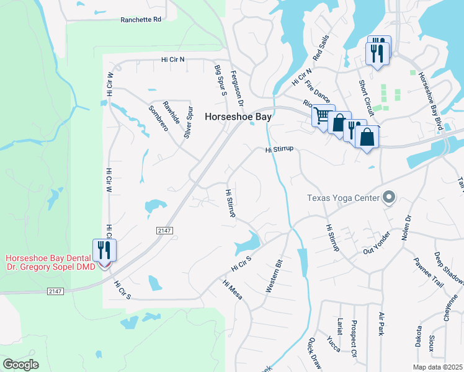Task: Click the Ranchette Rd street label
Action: [141, 20]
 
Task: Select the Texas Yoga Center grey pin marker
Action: [389, 197]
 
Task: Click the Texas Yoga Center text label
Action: [343, 198]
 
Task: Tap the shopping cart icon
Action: [323, 115]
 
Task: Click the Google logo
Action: [20, 365]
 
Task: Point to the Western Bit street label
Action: [275, 276]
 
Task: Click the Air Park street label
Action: [381, 324]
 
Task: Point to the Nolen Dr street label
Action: [408, 228]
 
